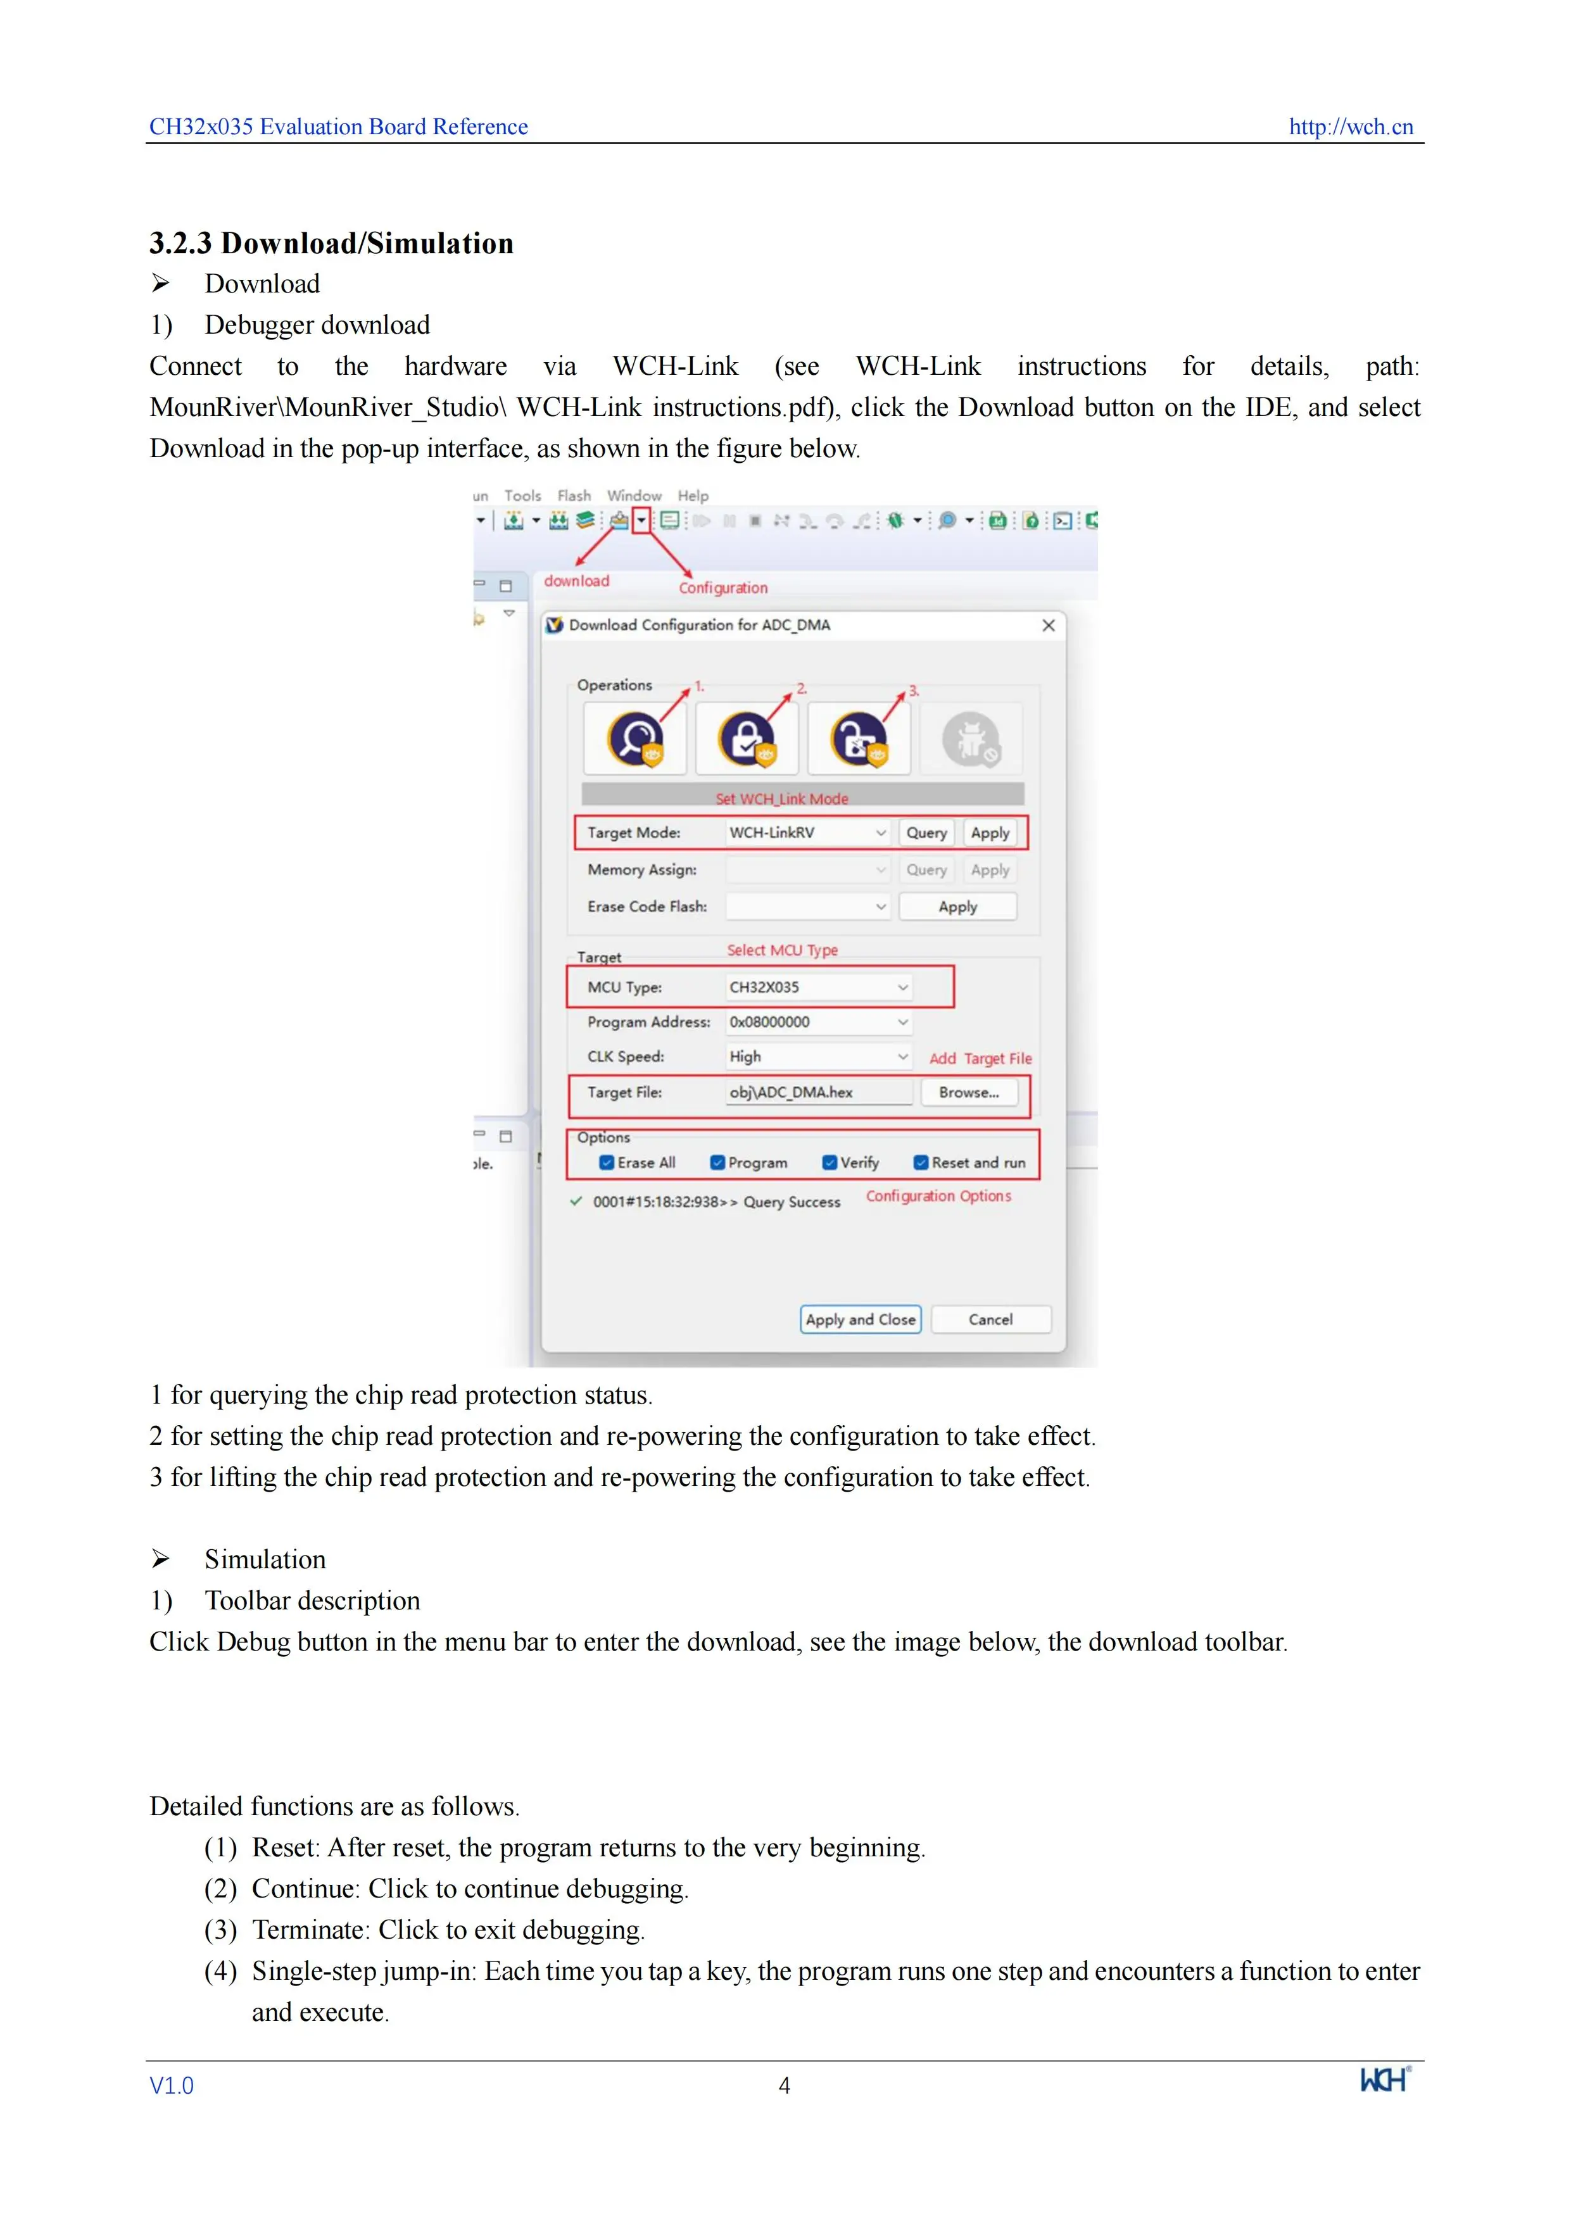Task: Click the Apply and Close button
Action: point(860,1319)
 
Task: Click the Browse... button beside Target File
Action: point(968,1092)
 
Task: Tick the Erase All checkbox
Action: point(607,1163)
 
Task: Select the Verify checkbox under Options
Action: point(829,1163)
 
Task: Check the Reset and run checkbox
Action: point(921,1163)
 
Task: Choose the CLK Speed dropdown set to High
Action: point(818,1056)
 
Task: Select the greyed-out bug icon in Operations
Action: point(970,739)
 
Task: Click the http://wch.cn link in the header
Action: point(1351,127)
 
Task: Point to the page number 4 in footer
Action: point(785,2086)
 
